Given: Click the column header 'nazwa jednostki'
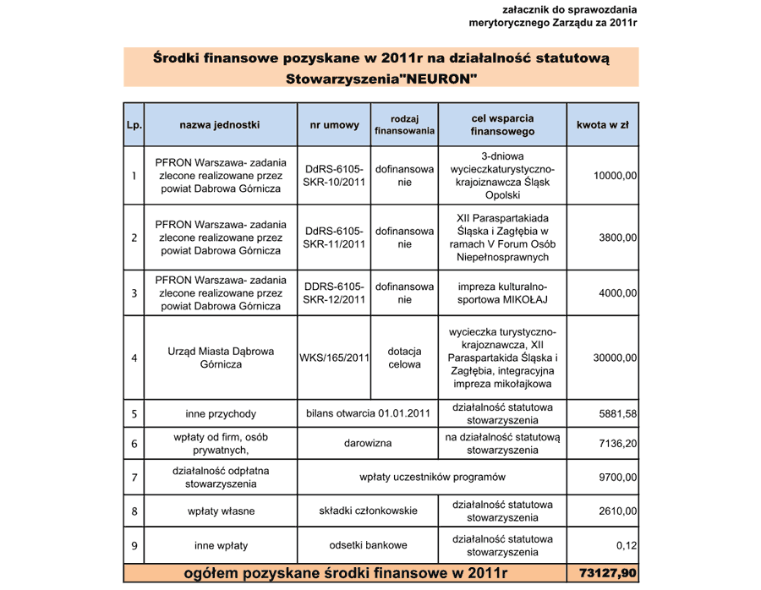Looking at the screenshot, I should click(x=220, y=125).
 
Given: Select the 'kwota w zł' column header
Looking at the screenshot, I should click(x=602, y=125).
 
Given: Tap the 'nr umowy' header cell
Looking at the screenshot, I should click(x=334, y=125).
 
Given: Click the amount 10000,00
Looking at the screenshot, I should click(x=616, y=175).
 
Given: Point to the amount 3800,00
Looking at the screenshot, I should click(x=618, y=238).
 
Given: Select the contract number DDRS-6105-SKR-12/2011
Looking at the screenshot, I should click(x=334, y=292).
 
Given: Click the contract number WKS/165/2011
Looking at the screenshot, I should click(x=334, y=358).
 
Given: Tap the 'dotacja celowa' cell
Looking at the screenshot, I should click(x=404, y=358).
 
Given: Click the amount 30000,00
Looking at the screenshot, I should click(x=616, y=358).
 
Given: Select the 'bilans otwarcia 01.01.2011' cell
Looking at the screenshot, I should click(x=368, y=413).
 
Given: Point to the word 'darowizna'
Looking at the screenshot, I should click(x=368, y=443).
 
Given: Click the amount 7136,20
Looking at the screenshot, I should click(x=618, y=443).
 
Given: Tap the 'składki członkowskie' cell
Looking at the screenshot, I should click(x=368, y=511).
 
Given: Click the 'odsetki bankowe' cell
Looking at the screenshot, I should click(x=368, y=545).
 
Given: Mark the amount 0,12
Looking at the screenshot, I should click(x=627, y=545).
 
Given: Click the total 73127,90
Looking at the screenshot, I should click(x=607, y=573).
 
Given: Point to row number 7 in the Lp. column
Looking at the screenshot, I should click(x=134, y=477).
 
